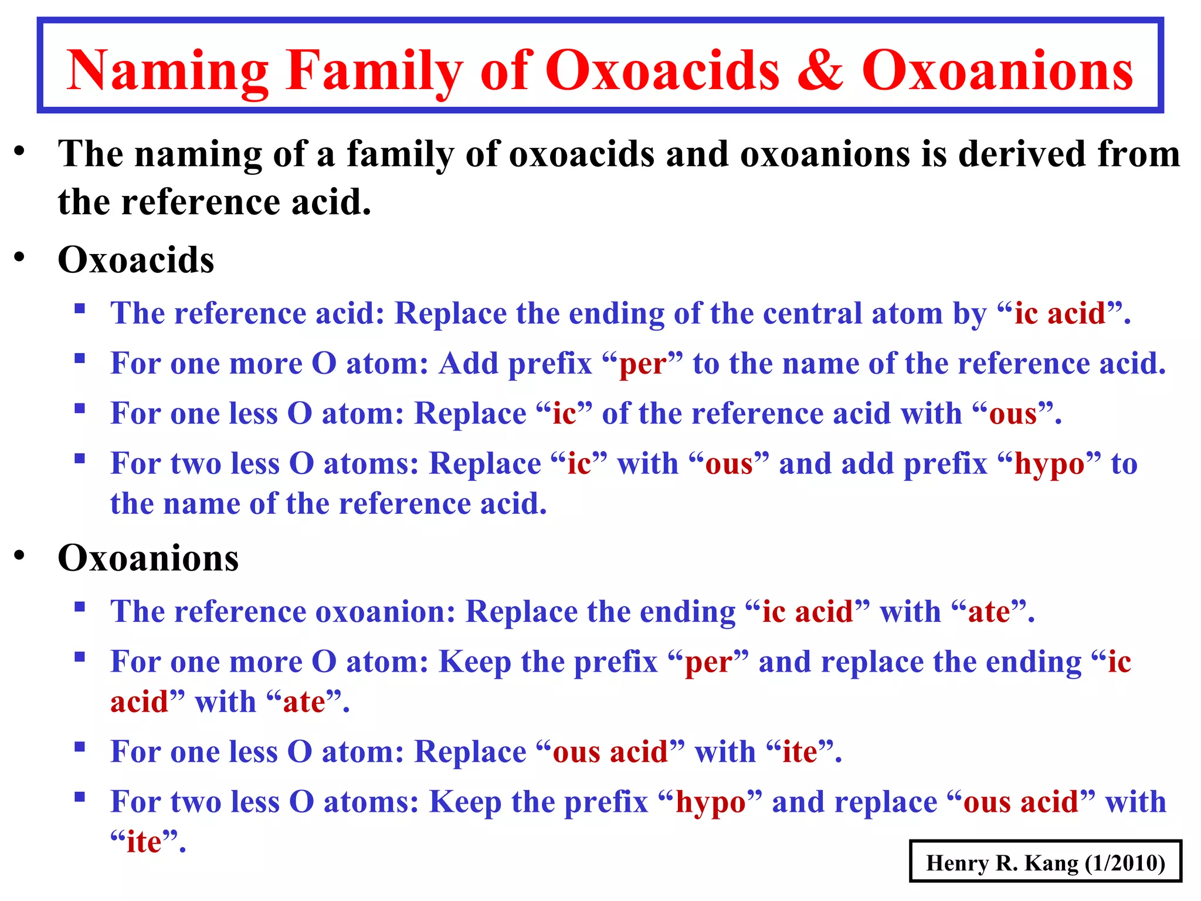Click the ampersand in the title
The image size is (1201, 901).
[821, 70]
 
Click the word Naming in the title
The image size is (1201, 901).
[167, 72]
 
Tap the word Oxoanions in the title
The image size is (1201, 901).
[997, 70]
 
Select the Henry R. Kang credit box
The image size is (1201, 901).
[1045, 862]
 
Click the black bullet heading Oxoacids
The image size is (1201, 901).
[136, 259]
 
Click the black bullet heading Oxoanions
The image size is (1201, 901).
[148, 557]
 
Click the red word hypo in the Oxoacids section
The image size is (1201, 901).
[1049, 465]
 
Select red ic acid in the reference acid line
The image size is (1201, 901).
[1060, 313]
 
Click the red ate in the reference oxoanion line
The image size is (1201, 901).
[989, 612]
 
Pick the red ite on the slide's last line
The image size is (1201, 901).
[144, 842]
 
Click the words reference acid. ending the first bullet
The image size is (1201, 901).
[246, 202]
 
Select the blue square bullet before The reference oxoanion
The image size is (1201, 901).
[80, 606]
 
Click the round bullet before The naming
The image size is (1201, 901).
[21, 151]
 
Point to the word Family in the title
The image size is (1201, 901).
[375, 72]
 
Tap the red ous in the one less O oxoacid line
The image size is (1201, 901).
[1013, 414]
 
